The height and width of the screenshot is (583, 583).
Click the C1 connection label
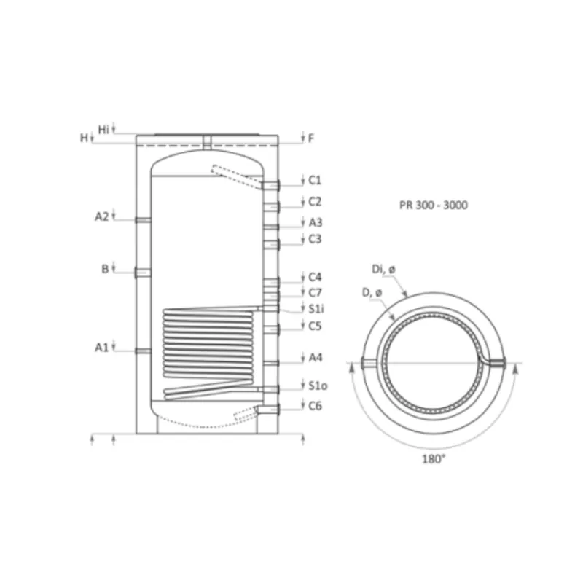[315, 180]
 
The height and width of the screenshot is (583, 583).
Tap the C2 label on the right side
[315, 202]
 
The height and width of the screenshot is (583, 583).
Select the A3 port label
[316, 222]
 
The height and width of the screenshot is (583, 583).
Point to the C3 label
[315, 239]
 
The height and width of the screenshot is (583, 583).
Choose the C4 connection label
[315, 277]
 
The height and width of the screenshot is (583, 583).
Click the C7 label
[315, 293]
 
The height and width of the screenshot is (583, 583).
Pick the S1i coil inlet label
[316, 308]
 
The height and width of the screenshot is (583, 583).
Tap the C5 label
[315, 326]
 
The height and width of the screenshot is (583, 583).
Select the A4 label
[316, 358]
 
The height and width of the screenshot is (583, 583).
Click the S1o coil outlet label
[318, 386]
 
